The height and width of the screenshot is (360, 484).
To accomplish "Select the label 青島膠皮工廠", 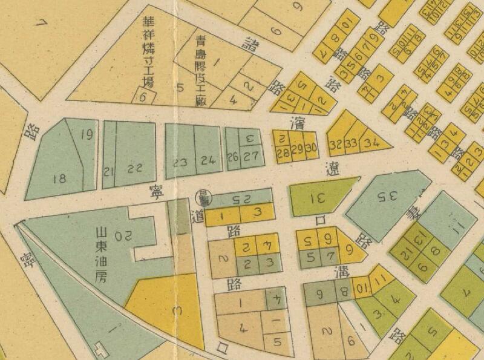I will [201, 70].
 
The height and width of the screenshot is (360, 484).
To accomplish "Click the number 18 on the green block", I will [59, 178].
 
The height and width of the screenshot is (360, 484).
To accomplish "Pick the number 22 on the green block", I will [137, 168].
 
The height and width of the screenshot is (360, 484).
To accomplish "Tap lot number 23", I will [180, 162].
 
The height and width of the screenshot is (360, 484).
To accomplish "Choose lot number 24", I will [208, 160].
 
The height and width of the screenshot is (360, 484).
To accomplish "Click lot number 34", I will [372, 143].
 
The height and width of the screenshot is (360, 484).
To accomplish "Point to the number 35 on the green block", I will [382, 197].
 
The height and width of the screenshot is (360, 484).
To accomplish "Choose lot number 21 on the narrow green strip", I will [109, 170].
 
